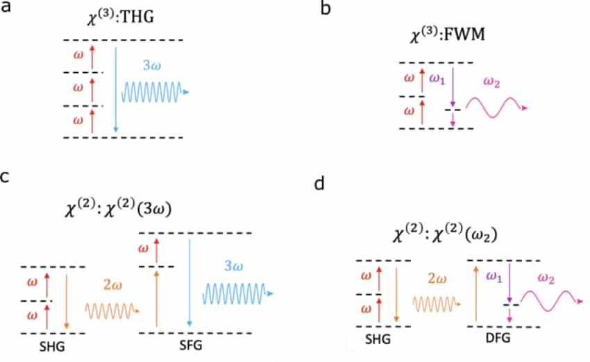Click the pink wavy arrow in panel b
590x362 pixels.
(x=495, y=107)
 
